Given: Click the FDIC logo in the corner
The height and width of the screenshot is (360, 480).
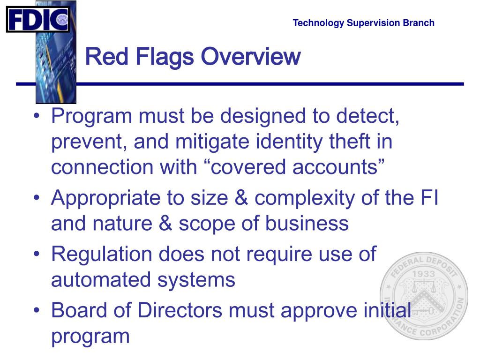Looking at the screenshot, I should pyautogui.click(x=37, y=19).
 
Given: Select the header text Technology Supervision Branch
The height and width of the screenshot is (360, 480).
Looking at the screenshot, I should pyautogui.click(x=363, y=23).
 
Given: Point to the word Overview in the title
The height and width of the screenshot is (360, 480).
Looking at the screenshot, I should pyautogui.click(x=251, y=57).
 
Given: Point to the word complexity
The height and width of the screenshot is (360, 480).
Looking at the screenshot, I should pyautogui.click(x=307, y=199).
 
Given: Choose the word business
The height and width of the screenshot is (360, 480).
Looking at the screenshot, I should pyautogui.click(x=307, y=224).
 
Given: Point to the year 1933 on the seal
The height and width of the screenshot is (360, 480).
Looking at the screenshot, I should pyautogui.click(x=424, y=274).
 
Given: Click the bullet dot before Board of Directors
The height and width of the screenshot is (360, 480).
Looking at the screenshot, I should pyautogui.click(x=37, y=311).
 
